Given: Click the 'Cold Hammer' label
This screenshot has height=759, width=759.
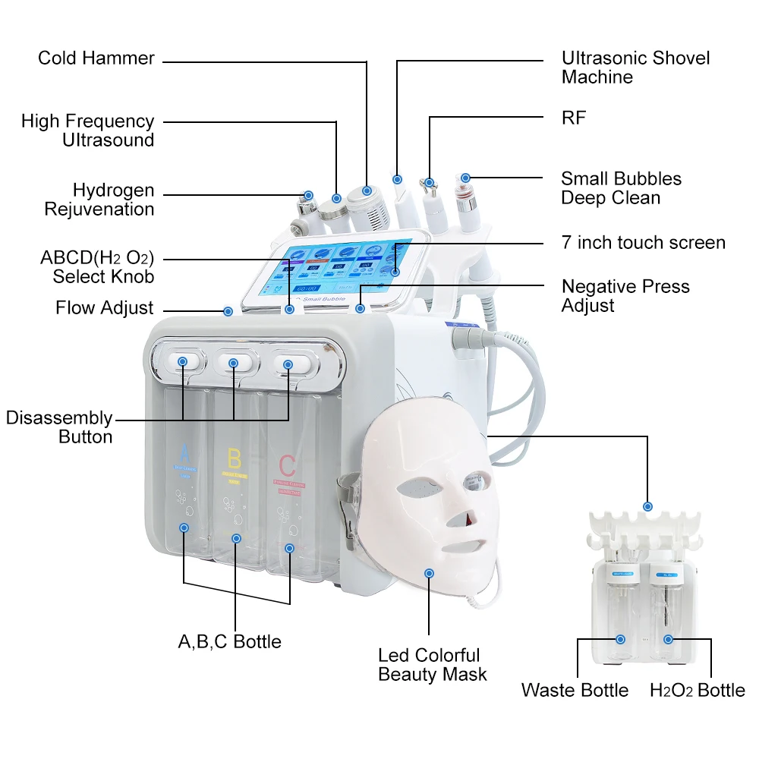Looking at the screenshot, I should click(96, 58).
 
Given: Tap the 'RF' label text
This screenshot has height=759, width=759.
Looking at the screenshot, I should click(574, 118).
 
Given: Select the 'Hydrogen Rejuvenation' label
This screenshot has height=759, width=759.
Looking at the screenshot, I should click(99, 200).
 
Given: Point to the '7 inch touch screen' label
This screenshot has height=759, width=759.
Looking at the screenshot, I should click(644, 243).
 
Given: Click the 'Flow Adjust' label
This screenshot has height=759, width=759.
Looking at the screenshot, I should click(105, 308).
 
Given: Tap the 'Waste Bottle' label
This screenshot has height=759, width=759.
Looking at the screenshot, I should click(575, 690).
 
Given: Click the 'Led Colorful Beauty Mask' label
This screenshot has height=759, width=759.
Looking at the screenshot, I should click(432, 665).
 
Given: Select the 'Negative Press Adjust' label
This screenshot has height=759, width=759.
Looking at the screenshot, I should click(625, 296).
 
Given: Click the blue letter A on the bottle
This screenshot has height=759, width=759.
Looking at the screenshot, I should click(183, 454).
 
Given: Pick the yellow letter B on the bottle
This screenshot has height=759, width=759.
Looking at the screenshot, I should click(235, 458).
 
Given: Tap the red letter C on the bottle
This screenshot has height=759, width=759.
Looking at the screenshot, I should click(287, 464).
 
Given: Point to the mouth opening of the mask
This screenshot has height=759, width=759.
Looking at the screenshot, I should click(461, 544).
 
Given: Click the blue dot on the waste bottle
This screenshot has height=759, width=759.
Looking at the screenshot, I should click(621, 640).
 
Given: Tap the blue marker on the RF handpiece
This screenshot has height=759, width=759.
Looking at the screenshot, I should click(430, 183).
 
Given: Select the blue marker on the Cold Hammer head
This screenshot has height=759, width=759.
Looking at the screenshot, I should click(367, 191).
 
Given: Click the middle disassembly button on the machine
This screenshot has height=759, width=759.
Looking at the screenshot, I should click(234, 364).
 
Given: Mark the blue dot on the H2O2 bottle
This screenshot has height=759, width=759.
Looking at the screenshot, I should click(668, 640).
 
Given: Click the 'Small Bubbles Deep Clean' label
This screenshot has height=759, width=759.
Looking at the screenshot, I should click(621, 188).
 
